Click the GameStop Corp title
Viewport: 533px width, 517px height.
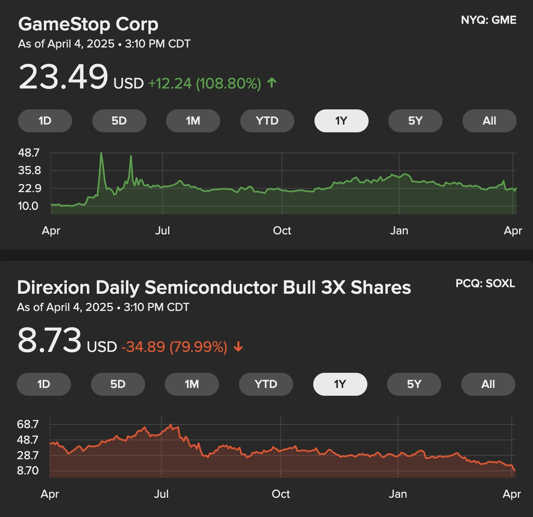[x=88, y=24]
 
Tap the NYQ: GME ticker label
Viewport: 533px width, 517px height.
[x=488, y=20]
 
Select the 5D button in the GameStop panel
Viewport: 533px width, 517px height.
[x=119, y=121]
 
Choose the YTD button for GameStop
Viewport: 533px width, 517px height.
[x=267, y=121]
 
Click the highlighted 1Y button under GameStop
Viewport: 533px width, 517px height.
[x=341, y=121]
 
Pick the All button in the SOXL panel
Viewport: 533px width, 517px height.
[x=488, y=384]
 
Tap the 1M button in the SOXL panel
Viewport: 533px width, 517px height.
[x=191, y=384]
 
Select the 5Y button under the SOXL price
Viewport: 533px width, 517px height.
[x=414, y=384]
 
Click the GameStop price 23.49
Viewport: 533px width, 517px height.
[x=64, y=77]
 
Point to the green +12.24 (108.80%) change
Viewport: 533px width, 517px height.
[x=204, y=84]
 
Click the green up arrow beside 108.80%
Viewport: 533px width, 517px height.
[x=272, y=83]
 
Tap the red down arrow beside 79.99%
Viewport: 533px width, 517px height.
[x=238, y=347]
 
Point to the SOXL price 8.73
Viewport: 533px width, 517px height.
[x=50, y=340]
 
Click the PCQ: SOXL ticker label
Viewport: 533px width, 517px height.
[x=485, y=283]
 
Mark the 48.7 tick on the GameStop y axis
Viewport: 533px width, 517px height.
[x=29, y=153]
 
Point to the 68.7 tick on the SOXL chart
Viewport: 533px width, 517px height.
[x=27, y=424]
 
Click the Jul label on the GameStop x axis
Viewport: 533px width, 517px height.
[x=162, y=231]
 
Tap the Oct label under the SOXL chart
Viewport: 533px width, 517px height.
[x=280, y=494]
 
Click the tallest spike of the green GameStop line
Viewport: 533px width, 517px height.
[x=101, y=153]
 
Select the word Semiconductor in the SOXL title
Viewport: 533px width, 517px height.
[x=211, y=288]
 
